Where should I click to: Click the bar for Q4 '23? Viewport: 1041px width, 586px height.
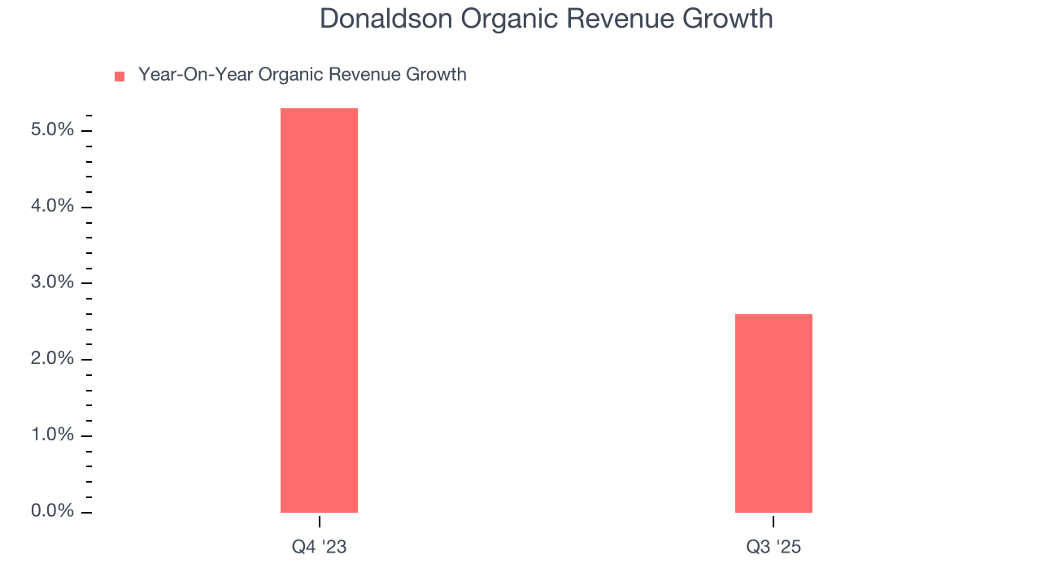(x=319, y=310)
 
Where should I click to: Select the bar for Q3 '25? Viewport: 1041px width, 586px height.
(x=773, y=413)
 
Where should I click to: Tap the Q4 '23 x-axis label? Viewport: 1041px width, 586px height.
(x=319, y=547)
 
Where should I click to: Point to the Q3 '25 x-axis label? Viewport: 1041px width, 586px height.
(x=773, y=547)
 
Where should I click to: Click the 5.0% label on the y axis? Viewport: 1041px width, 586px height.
(x=53, y=130)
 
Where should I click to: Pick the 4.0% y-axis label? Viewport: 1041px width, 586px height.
(x=53, y=207)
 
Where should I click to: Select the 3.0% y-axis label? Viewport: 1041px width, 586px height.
(x=53, y=282)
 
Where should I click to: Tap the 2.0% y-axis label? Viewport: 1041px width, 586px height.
(x=53, y=359)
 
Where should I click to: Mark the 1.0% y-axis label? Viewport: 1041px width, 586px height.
(x=53, y=435)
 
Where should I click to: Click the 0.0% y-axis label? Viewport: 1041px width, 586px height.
(x=53, y=511)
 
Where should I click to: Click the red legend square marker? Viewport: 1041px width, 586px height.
(x=120, y=77)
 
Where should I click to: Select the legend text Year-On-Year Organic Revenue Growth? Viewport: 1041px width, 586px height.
(x=302, y=75)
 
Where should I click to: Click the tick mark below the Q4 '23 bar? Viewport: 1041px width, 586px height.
(x=319, y=521)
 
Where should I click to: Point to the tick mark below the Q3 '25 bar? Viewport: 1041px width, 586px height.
(x=773, y=521)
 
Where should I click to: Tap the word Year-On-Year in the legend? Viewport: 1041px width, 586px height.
(x=195, y=75)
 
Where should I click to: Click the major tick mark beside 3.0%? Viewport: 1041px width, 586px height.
(x=87, y=283)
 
